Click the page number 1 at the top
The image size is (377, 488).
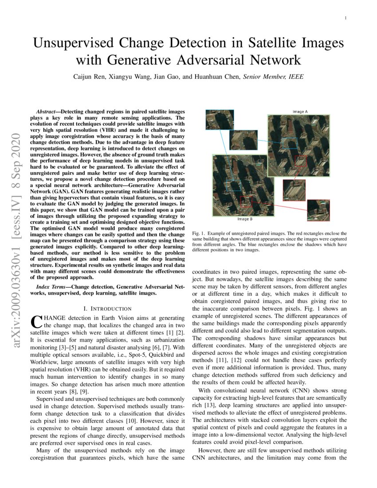point(345,18)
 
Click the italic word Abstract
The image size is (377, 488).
point(47,111)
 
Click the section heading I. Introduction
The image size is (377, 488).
point(107,308)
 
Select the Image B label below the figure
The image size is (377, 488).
point(244,219)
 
